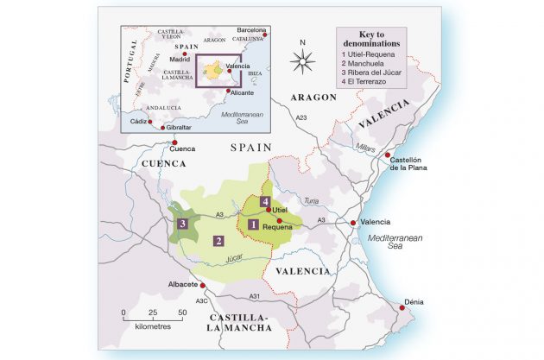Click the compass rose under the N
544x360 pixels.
(302, 60)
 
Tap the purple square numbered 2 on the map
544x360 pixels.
(219, 241)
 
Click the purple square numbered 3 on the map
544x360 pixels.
(182, 224)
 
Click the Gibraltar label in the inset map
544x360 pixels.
(176, 127)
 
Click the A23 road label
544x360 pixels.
(300, 117)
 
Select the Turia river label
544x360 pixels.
(312, 201)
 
